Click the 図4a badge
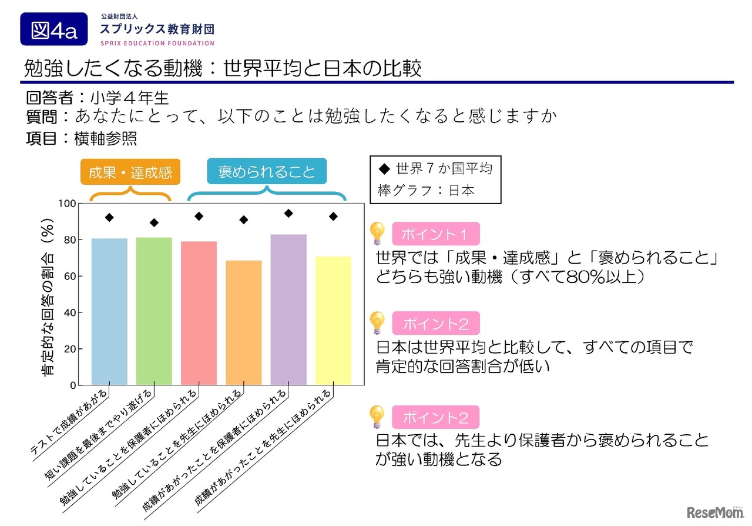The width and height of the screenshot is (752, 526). (54, 29)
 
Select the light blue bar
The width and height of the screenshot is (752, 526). (109, 311)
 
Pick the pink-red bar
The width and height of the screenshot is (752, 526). (199, 313)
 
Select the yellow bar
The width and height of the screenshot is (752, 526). (333, 321)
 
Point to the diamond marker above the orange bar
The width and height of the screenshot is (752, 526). (243, 220)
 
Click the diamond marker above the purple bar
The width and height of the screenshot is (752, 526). (288, 213)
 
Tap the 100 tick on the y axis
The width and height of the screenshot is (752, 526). (68, 204)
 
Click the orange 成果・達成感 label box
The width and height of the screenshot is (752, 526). (130, 172)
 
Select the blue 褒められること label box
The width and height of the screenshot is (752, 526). (267, 172)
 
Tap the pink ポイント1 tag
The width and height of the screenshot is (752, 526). (435, 234)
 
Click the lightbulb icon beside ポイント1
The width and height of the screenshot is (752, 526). (377, 234)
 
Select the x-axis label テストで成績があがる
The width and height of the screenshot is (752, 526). (69, 423)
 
